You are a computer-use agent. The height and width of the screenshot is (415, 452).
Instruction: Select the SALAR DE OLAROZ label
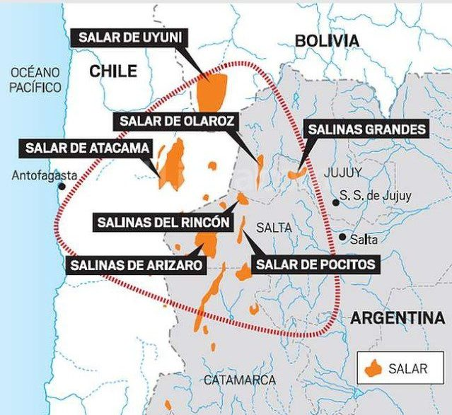click(176, 121)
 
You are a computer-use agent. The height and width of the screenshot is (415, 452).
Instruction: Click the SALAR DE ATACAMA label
click(88, 148)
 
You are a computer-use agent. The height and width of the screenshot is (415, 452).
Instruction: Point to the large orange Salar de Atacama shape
click(173, 165)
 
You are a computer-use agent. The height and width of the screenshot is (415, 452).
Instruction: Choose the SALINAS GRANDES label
click(366, 129)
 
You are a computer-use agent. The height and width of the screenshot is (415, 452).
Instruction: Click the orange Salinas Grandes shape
click(296, 173)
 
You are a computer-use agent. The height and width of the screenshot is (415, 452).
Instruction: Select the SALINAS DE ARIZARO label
click(137, 266)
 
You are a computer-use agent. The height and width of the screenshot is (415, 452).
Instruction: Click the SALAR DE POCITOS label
click(315, 264)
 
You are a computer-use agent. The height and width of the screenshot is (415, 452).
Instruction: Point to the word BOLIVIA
click(327, 40)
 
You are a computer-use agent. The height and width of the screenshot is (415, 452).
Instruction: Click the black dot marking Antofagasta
click(63, 187)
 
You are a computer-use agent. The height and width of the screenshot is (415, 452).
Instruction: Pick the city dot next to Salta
click(342, 238)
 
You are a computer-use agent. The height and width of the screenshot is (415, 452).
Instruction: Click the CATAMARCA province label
click(240, 380)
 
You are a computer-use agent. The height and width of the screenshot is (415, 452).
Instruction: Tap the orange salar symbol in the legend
click(375, 368)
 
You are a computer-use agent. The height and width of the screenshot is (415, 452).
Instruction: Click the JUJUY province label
click(342, 173)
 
